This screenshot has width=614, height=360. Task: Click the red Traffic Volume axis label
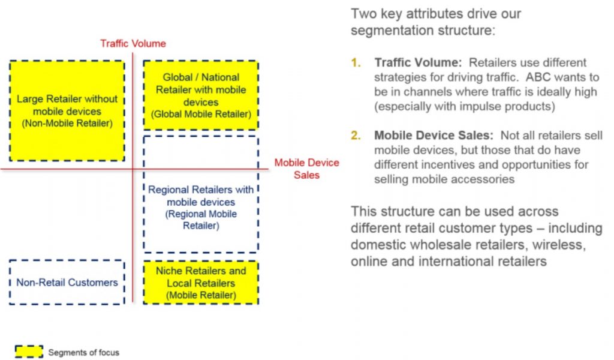click(133, 43)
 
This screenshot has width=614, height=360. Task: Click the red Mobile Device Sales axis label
click(306, 169)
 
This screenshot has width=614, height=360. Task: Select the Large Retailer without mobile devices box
click(67, 111)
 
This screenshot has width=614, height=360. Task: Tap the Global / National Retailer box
click(201, 95)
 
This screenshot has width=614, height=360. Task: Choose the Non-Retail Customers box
click(67, 283)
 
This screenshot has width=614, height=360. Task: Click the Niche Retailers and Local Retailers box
click(201, 283)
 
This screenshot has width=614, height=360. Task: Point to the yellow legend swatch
click(29, 352)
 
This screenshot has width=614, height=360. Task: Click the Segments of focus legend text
click(84, 353)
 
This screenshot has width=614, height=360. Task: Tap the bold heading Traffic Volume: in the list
click(418, 62)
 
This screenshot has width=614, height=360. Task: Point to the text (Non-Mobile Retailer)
click(67, 124)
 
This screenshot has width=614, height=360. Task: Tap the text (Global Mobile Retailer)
click(201, 114)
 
